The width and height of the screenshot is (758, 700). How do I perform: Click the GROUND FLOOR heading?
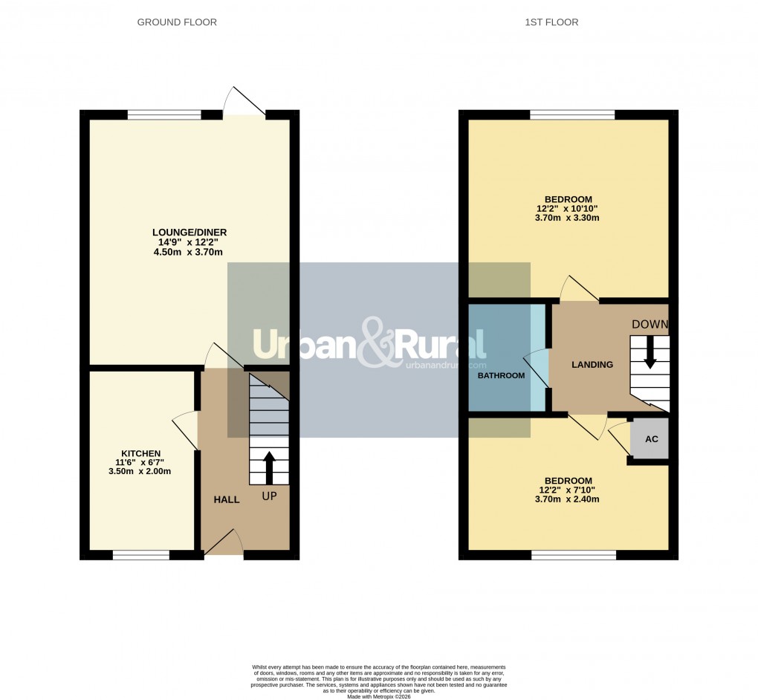point(177,22)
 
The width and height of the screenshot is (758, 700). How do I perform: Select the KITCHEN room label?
point(141,453)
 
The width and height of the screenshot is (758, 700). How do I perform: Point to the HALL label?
point(227,499)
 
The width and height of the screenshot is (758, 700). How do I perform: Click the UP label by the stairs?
point(269,496)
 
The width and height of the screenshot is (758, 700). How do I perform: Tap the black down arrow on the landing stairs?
point(650,352)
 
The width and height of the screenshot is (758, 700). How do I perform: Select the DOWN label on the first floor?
point(650,324)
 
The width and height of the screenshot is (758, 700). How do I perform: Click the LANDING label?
point(592,364)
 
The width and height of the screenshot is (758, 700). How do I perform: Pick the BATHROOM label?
point(501,375)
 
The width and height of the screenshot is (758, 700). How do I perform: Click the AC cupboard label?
point(651,439)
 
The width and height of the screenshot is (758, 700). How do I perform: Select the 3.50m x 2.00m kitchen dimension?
point(140,471)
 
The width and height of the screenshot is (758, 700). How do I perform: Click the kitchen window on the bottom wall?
point(140,554)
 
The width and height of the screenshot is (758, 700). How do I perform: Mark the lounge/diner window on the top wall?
point(163,114)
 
